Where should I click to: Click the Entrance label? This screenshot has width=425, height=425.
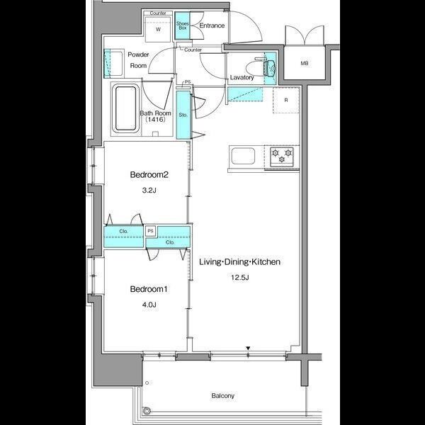coord(212,25)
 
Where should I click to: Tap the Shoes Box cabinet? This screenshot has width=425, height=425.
coord(183,25)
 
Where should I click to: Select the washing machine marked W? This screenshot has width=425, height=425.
coord(158,29)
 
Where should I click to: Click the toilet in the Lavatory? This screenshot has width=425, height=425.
coord(261,67)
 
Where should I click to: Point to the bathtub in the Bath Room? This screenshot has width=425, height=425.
coord(125,108)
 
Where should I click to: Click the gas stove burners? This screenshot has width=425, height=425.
coord(282,156)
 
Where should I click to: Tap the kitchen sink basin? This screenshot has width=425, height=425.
coord(243,156)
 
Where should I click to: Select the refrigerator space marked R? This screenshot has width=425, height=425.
coord(286,100)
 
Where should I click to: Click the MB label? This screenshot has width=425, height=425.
coord(305,64)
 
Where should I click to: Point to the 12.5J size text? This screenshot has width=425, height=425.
coord(240,278)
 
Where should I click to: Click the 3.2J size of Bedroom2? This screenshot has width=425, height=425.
coord(149,191)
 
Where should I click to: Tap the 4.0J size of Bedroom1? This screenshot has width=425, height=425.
coord(149,305)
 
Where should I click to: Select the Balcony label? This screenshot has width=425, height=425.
coord(223,396)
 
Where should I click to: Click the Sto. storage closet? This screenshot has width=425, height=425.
coord(183,115)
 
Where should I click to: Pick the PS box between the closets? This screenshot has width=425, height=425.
coord(151,231)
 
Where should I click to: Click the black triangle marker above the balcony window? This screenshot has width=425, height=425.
coord(248,348)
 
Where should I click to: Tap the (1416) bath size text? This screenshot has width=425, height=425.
coord(155,119)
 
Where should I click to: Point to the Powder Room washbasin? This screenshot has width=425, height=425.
coord(113,64)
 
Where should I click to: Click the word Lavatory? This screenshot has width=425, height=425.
coord(242,77)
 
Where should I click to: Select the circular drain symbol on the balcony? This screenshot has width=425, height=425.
coord(147,410)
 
